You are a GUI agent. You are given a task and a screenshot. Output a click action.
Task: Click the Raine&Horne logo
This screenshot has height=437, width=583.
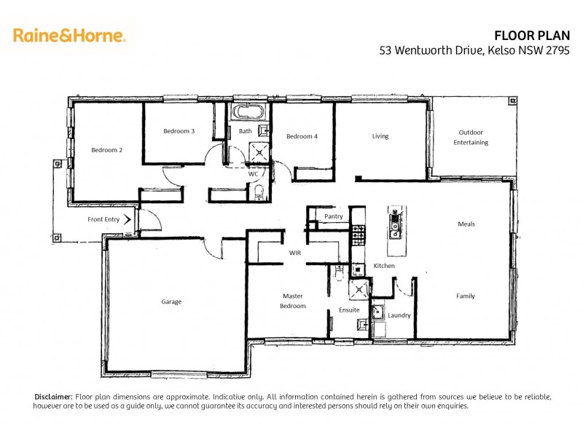[69, 34]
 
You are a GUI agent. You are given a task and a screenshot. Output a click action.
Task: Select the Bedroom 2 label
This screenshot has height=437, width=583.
[106, 150]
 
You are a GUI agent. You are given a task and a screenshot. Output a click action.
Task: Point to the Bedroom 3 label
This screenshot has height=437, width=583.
[179, 131]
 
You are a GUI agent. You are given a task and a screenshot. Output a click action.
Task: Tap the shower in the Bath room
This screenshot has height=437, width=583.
[259, 151]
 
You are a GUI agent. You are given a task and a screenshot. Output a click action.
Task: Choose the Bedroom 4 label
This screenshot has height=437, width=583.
[302, 136]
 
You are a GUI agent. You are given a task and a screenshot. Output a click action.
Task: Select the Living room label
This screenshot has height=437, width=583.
[380, 136]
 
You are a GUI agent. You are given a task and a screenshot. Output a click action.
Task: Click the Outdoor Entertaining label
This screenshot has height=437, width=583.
[470, 137]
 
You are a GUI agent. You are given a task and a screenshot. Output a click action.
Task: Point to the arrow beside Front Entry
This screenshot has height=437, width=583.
[128, 219]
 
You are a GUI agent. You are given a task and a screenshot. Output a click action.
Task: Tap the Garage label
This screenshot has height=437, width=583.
[171, 302]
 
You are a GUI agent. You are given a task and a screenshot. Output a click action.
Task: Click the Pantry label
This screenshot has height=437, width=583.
[334, 216]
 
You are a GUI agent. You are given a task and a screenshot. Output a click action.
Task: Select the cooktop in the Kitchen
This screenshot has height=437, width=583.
[358, 233]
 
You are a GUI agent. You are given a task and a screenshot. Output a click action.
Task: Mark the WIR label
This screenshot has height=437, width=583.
[295, 253]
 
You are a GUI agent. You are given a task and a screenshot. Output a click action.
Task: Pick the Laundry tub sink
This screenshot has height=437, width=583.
[378, 313]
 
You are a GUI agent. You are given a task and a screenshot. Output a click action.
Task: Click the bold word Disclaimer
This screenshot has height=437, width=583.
[54, 396]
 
